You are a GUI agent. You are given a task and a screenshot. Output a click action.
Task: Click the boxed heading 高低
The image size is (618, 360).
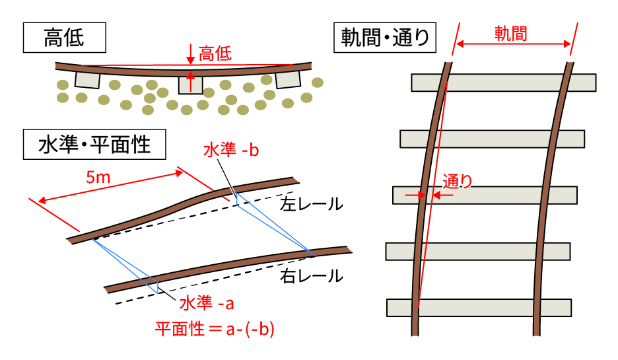tap(64, 38)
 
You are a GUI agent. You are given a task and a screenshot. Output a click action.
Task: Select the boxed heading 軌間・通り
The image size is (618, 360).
tap(385, 38)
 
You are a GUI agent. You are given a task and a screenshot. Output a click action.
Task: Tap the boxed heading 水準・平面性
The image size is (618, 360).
tap(94, 144)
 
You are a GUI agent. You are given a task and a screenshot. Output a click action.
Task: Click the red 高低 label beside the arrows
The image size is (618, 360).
tap(215, 54)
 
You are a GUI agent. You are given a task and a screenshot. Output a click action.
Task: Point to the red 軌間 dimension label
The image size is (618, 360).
tap(511, 34)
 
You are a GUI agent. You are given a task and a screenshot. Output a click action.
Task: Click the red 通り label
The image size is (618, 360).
tap(457, 182)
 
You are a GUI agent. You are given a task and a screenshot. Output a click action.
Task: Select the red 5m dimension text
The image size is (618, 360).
tap(98, 178)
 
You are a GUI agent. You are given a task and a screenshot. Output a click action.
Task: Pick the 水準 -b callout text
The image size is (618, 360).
tap(231, 150)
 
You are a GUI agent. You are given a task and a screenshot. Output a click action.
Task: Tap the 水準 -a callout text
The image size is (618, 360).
tap(207, 303)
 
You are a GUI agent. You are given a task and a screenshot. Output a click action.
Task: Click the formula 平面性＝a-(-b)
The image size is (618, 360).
tap(215, 329)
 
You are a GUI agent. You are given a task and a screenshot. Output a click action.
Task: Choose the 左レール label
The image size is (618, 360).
tap(312, 204)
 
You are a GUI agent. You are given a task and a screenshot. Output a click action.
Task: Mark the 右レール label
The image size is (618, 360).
tap(312, 276)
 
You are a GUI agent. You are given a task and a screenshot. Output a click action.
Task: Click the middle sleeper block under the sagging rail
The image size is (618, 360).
tap(191, 85)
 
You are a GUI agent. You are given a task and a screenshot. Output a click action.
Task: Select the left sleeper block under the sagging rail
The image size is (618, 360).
tap(87, 80)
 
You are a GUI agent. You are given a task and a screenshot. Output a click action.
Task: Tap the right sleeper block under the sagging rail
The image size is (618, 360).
tap(288, 80)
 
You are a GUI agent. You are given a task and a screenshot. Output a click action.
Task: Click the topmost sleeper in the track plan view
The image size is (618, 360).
tap(504, 83)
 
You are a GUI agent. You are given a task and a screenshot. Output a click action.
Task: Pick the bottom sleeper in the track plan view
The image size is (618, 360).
tap(479, 308)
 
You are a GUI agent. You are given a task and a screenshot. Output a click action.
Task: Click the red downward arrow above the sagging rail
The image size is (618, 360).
tap(191, 54)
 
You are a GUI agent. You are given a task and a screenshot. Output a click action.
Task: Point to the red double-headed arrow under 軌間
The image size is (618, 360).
tap(514, 44)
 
